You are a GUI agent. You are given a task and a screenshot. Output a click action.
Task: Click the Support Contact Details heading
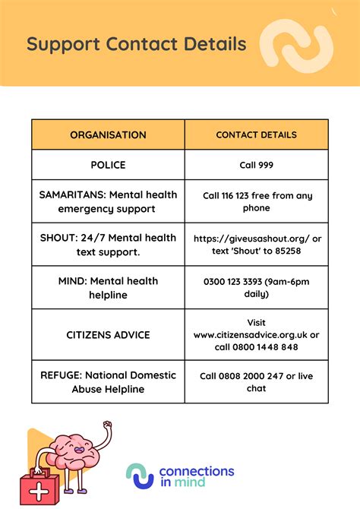[137, 43]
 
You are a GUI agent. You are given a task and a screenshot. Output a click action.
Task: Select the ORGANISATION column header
[108, 135]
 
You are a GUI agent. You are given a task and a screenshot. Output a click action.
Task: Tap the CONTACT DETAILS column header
[256, 135]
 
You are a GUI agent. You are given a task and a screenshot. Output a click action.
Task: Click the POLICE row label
[108, 165]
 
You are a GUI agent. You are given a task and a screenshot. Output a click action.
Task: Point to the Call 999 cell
[256, 165]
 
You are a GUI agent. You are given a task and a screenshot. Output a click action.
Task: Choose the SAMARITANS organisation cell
[108, 201]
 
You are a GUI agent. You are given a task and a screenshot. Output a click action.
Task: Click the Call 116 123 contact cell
[256, 201]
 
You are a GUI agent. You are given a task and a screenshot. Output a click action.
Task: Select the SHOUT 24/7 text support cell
[108, 244]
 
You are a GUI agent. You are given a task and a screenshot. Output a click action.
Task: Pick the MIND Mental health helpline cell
[108, 287]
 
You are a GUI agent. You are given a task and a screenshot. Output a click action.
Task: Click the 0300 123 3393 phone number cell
[256, 287]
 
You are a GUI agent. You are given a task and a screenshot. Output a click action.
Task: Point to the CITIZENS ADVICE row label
[108, 335]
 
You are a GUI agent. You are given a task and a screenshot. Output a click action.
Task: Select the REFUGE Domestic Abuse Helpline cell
[108, 382]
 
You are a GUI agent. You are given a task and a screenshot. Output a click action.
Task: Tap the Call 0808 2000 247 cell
[256, 382]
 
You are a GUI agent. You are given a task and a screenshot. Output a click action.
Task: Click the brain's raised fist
[107, 426]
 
